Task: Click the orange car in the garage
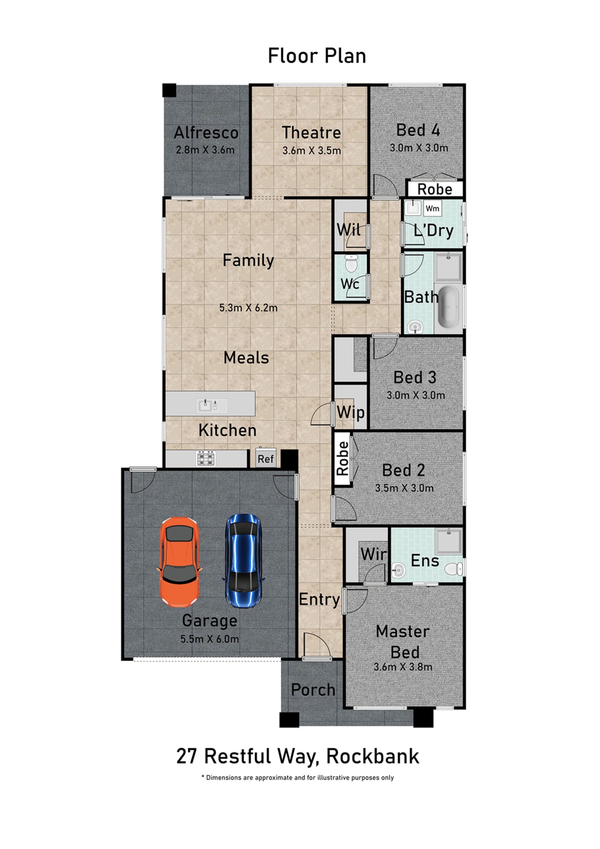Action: [x=180, y=562]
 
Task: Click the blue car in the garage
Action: [x=243, y=561]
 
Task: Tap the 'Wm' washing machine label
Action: [x=432, y=208]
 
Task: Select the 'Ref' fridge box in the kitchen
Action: [x=266, y=459]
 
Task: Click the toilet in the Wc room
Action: [x=351, y=263]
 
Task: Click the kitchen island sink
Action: [x=212, y=405]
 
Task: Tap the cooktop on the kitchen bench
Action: [x=206, y=459]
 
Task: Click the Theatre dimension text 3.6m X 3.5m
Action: [x=312, y=150]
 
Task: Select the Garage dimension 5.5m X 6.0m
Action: [x=210, y=639]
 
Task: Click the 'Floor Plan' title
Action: [x=317, y=56]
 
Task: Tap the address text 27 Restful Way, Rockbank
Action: [x=298, y=756]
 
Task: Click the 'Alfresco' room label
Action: [x=206, y=132]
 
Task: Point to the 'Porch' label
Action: [x=313, y=690]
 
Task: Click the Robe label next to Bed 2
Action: [x=342, y=459]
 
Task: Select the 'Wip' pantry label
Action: [x=351, y=413]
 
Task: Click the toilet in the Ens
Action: [x=453, y=569]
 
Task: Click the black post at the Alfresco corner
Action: [x=169, y=90]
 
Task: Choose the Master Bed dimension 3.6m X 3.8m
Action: [x=403, y=667]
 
